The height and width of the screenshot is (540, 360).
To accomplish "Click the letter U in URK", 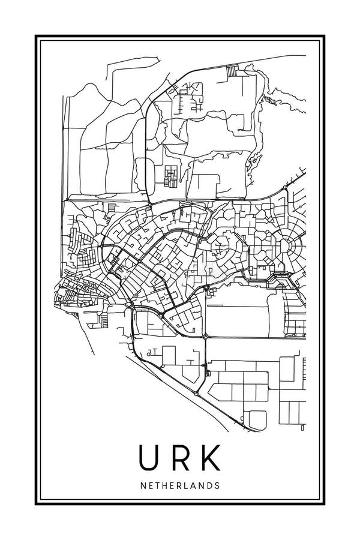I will (148, 457).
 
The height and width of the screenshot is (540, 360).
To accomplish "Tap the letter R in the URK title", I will (179, 457).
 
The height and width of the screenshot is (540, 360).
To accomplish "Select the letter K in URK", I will (211, 457).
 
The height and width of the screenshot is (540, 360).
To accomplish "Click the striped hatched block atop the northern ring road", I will (232, 71).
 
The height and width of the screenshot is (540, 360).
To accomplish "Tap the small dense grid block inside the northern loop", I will (172, 175).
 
